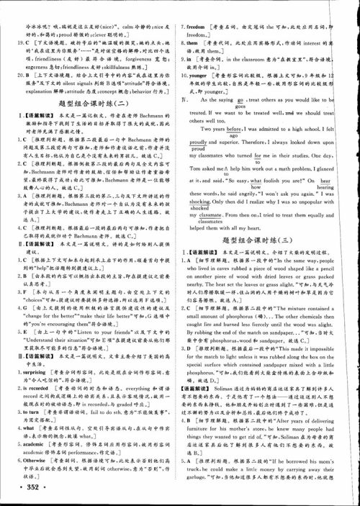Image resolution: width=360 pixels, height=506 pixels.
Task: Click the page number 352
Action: click(21, 489)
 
